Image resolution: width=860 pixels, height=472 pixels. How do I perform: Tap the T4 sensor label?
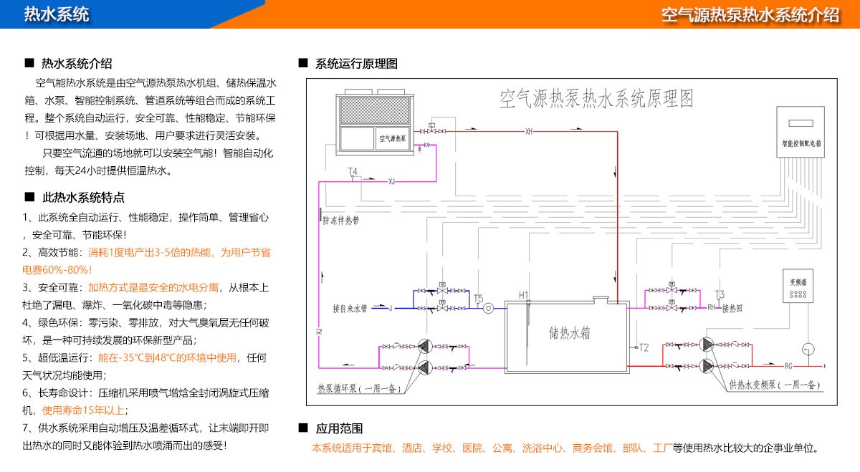(x=353, y=172)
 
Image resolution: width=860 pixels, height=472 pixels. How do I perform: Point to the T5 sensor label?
(x=478, y=298)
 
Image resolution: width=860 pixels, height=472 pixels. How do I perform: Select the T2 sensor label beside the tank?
(x=644, y=347)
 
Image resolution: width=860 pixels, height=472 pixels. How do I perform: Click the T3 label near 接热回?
(x=720, y=294)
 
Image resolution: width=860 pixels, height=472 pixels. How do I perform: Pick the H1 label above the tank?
(x=523, y=295)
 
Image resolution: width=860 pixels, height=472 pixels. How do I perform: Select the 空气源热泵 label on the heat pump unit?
(x=393, y=138)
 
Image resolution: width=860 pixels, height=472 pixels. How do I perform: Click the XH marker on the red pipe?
(x=529, y=131)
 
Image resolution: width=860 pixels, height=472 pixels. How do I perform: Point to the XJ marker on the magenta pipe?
(x=391, y=181)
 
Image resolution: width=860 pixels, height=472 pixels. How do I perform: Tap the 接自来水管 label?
(x=350, y=309)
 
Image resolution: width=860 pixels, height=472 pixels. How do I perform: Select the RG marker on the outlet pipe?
(x=788, y=366)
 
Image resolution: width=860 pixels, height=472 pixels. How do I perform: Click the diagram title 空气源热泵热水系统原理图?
(x=596, y=97)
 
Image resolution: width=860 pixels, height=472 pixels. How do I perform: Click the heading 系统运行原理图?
(x=356, y=64)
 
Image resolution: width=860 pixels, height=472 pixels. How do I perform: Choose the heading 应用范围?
(x=339, y=429)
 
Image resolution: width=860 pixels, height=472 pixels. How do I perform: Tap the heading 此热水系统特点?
(x=83, y=198)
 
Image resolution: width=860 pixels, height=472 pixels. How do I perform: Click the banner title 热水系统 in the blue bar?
(x=57, y=14)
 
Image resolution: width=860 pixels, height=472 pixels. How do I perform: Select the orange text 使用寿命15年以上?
(x=84, y=410)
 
